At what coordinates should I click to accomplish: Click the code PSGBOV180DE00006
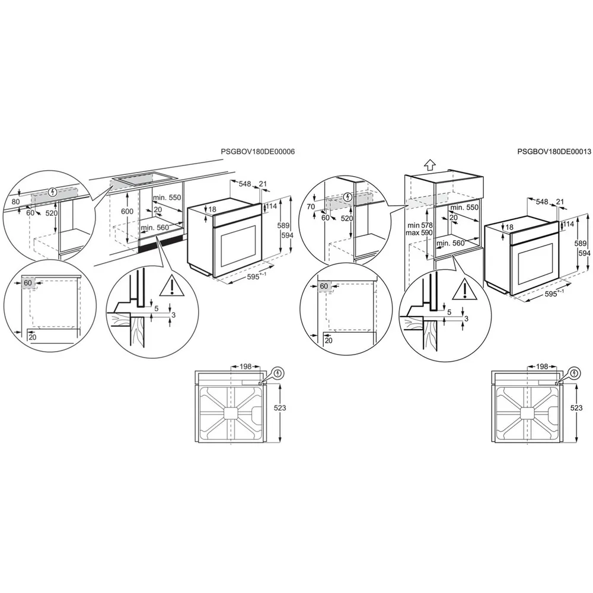(x=257, y=152)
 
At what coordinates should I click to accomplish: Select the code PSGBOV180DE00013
(x=554, y=152)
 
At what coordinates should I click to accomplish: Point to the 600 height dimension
(x=127, y=212)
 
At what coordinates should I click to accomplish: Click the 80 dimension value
(x=15, y=202)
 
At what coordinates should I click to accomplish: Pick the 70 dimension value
(x=311, y=206)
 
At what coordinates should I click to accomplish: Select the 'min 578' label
(x=420, y=225)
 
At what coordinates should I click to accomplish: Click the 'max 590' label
(x=419, y=233)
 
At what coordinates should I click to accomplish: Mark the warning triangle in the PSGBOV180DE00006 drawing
(x=172, y=285)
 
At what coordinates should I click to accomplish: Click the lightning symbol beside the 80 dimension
(x=53, y=192)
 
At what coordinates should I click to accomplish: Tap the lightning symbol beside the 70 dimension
(x=348, y=197)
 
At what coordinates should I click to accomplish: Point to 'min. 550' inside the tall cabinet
(x=464, y=207)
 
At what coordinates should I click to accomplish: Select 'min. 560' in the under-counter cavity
(x=155, y=228)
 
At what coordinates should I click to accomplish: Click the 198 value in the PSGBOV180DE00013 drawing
(x=542, y=366)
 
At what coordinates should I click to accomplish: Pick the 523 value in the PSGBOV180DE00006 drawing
(x=280, y=408)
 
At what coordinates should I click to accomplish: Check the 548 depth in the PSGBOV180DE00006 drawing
(x=245, y=184)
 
